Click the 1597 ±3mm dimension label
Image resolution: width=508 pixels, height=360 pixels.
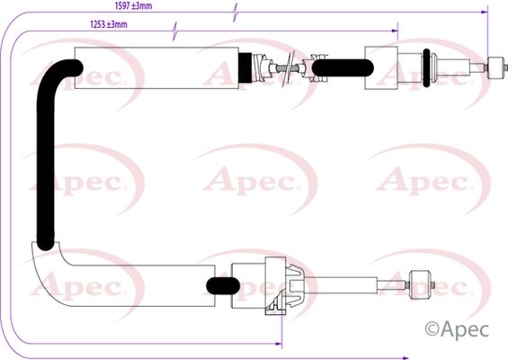[x=133, y=5]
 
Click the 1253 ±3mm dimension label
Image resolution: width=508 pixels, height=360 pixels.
[x=109, y=24]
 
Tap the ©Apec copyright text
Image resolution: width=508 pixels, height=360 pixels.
[x=457, y=329]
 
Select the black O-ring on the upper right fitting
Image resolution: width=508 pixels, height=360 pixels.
[x=426, y=67]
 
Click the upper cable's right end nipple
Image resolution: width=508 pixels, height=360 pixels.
[x=496, y=67]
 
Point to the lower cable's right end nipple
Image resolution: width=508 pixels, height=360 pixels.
[x=420, y=284]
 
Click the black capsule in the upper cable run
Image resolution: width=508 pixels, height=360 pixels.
[x=343, y=68]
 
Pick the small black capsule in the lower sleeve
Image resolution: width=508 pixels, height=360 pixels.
[x=223, y=285]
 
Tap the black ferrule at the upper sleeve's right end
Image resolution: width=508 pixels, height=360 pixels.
[x=245, y=68]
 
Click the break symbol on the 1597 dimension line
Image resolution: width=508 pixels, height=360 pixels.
[x=236, y=13]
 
